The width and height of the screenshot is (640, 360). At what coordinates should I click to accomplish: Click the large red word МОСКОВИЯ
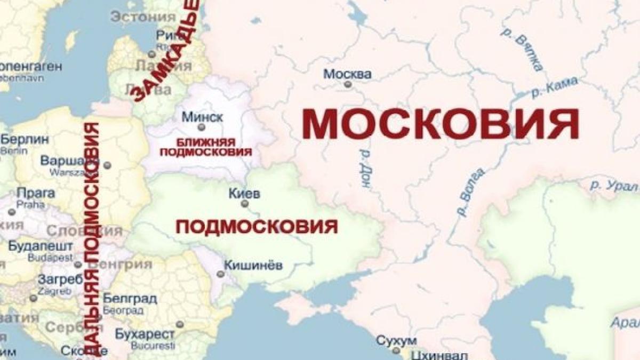point(441,124)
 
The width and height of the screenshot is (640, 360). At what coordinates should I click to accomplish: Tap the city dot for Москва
point(348,84)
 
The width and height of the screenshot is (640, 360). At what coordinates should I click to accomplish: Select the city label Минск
point(202,117)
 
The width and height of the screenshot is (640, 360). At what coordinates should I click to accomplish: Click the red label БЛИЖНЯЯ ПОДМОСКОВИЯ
point(206,147)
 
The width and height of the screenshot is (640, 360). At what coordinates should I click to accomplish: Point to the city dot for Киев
point(245,204)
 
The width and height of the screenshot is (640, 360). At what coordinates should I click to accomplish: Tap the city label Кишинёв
point(253,265)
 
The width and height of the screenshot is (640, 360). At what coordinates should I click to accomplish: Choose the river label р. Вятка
point(522,49)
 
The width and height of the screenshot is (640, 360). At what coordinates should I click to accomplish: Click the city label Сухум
point(395,340)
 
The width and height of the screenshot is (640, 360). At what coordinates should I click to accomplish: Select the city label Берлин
point(25,140)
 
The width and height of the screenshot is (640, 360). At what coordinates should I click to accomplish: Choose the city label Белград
point(130,298)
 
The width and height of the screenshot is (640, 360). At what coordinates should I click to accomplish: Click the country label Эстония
point(143,16)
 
